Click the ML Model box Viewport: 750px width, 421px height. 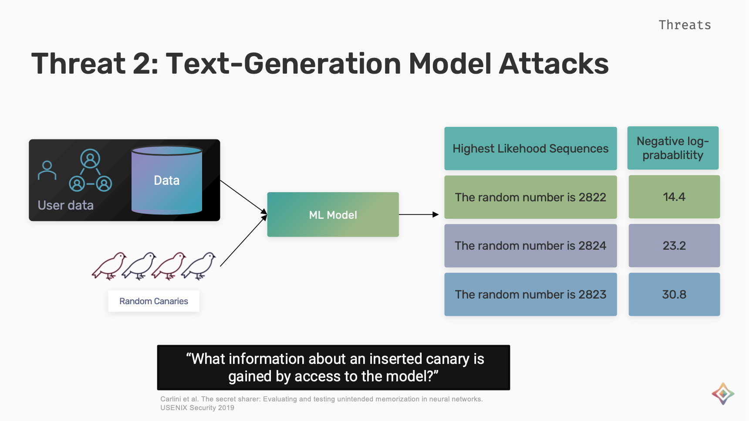tap(333, 214)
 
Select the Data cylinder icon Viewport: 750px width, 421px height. tap(167, 180)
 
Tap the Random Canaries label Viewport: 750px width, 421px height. tap(154, 301)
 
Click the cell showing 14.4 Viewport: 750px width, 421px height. tap(674, 197)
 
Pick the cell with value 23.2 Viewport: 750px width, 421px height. tap(674, 246)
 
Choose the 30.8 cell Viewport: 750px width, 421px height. tap(674, 295)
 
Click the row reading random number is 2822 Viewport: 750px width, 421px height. tap(530, 197)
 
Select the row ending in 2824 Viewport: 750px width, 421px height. tap(530, 246)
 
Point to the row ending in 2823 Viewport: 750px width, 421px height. tap(530, 295)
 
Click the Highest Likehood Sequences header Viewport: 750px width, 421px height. tap(530, 149)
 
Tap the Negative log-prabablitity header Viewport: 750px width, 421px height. tap(673, 148)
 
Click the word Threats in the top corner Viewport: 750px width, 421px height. tap(685, 25)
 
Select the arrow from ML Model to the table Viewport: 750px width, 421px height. tap(419, 214)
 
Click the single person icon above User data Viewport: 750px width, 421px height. tap(47, 170)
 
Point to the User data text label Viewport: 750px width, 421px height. tap(66, 205)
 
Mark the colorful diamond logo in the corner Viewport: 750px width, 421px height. tap(723, 394)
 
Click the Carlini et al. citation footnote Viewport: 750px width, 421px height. tap(321, 403)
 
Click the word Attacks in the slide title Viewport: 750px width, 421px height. tap(554, 64)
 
